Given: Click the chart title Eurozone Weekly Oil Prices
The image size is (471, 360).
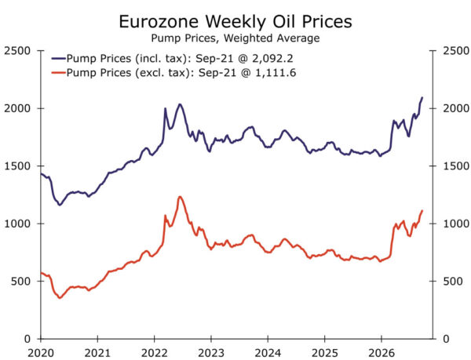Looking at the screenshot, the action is [x=235, y=22].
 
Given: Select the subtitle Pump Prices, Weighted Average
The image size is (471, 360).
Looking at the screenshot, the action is [x=235, y=38].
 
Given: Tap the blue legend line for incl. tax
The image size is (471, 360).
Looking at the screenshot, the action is [x=59, y=59].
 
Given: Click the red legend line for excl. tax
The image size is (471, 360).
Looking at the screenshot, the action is [x=59, y=73].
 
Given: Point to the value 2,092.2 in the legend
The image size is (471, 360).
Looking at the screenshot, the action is [x=272, y=58].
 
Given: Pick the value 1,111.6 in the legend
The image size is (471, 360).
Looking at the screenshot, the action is [x=276, y=73].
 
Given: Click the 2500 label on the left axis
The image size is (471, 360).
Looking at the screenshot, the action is [x=17, y=51].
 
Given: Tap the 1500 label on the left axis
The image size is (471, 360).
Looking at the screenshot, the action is [x=17, y=166].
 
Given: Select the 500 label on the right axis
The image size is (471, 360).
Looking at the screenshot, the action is [x=453, y=281].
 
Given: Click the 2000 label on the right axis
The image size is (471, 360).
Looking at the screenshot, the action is [x=456, y=108].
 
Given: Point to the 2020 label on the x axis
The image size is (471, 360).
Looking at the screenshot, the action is [x=41, y=353].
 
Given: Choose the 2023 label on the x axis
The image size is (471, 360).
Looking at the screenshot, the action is [x=211, y=353].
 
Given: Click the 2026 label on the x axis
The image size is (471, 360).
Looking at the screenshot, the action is [x=382, y=353].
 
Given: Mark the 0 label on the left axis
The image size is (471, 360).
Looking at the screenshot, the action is [x=27, y=339].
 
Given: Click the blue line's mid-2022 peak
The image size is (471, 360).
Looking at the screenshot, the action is [x=180, y=104].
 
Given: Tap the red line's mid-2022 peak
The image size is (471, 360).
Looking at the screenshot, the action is [x=180, y=197].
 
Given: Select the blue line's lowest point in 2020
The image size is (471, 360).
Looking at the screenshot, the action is [x=60, y=205].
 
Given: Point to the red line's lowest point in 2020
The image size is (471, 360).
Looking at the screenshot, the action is [x=60, y=297].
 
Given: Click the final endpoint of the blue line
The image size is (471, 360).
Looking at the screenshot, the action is [x=422, y=97].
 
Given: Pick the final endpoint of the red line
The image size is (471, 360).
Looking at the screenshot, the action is [x=422, y=211].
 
